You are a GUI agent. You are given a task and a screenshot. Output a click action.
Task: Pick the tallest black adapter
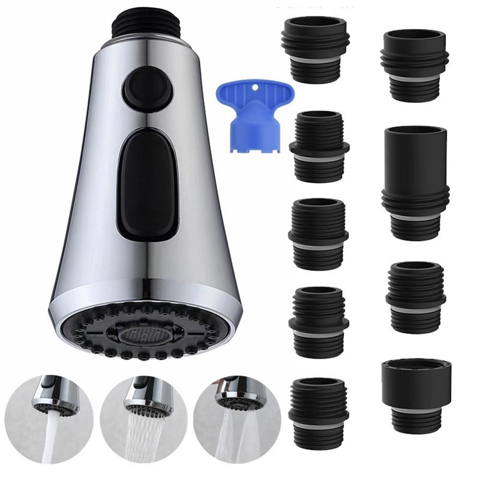click(x=415, y=182)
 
